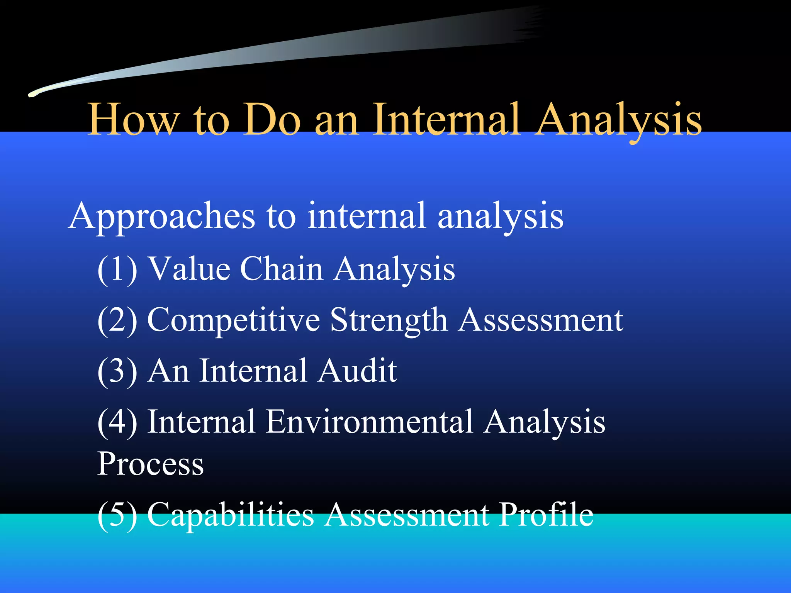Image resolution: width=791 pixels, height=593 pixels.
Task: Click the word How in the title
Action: (x=133, y=120)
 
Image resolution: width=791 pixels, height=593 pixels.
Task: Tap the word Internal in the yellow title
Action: (x=446, y=120)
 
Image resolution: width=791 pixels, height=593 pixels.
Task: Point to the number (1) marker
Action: (x=117, y=269)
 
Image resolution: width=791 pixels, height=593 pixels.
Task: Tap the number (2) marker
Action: (x=117, y=320)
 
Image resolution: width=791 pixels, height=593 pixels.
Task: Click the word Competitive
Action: (x=234, y=320)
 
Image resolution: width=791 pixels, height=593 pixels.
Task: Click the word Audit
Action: (x=357, y=371)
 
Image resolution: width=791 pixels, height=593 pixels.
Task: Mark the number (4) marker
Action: (x=117, y=422)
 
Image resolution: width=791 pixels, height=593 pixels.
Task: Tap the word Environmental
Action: (x=369, y=422)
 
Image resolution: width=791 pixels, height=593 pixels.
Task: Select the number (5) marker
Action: (x=117, y=515)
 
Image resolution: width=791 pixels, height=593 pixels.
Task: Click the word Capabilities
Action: (x=231, y=515)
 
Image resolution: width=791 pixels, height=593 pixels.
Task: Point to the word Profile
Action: (x=545, y=514)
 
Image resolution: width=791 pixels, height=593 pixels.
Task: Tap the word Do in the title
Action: (x=272, y=120)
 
